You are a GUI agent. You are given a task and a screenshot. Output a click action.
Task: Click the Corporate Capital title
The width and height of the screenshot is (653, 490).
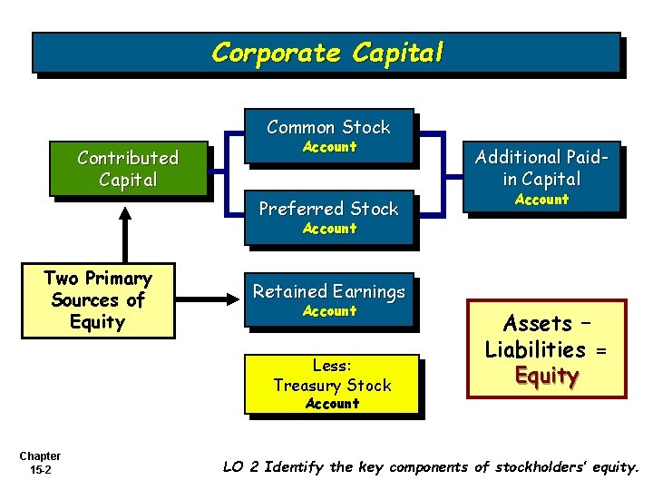click(x=327, y=53)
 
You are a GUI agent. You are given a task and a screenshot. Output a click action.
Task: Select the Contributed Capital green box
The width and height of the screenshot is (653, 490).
click(x=128, y=169)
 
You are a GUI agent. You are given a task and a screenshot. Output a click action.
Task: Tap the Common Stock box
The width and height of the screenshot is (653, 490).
click(x=328, y=135)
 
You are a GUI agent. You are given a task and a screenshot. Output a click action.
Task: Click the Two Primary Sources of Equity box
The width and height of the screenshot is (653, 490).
click(x=97, y=299)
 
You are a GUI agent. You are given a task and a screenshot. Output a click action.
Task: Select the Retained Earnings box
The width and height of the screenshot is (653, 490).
click(x=328, y=299)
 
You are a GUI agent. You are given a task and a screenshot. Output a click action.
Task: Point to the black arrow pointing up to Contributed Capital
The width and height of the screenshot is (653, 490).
click(x=124, y=231)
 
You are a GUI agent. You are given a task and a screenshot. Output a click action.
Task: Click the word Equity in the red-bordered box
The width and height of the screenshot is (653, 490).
click(x=547, y=376)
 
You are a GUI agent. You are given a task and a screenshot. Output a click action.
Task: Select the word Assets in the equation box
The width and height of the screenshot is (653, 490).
click(x=537, y=323)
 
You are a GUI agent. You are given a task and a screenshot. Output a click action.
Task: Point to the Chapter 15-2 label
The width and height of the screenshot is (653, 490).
click(x=40, y=463)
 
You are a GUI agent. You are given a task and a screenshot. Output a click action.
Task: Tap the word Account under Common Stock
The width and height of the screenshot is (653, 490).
click(x=329, y=147)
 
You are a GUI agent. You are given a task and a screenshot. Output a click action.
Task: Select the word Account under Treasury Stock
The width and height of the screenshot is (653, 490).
click(x=332, y=404)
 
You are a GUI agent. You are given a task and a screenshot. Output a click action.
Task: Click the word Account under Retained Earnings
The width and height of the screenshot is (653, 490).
click(x=329, y=311)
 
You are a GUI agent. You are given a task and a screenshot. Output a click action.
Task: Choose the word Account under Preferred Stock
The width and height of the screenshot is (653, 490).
click(x=329, y=229)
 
